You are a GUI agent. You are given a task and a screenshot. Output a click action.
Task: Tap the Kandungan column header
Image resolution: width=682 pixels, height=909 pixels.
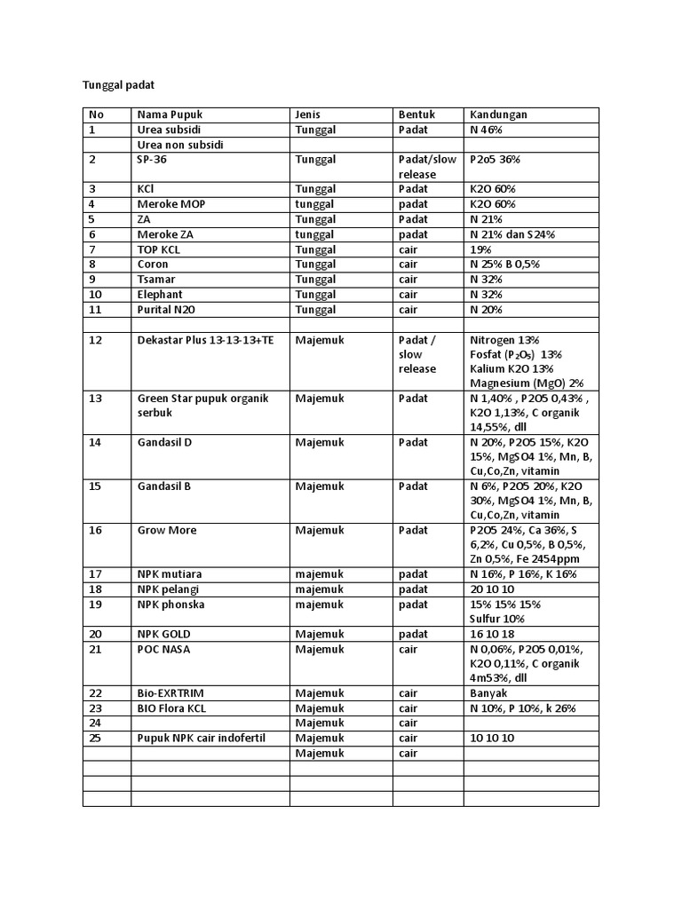coord(498,115)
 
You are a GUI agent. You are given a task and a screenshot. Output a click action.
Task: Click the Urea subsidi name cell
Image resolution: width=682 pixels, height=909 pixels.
coord(170,130)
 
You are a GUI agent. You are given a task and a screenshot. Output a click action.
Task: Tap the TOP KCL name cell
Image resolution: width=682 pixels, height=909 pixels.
coord(161,249)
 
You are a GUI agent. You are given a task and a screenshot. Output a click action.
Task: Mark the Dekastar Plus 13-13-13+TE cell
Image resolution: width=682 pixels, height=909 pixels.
coord(206,339)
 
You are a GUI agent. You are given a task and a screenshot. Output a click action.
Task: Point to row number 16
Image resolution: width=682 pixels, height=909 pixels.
coord(96,530)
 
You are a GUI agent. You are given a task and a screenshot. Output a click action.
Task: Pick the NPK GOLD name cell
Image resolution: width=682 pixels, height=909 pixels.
coord(164,634)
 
